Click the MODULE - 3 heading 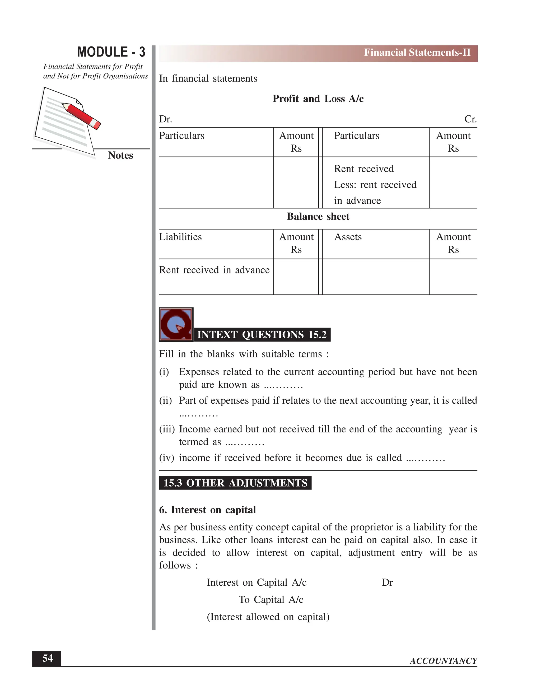click(x=111, y=52)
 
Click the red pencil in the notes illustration click(x=81, y=115)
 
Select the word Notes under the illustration click(x=120, y=155)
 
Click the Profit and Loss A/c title click(x=318, y=99)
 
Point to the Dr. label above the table click(x=165, y=119)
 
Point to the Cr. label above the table click(x=470, y=119)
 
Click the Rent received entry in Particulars click(x=364, y=169)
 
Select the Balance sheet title click(x=318, y=217)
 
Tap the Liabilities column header click(x=180, y=237)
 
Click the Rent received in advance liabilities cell click(x=214, y=270)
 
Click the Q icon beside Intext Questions click(x=176, y=324)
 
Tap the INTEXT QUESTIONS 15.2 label click(x=262, y=335)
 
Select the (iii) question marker click(x=167, y=429)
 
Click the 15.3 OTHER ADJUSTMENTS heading click(x=235, y=483)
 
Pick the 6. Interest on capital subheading click(x=207, y=510)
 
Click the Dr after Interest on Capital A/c click(x=387, y=582)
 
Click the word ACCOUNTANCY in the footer click(x=443, y=661)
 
